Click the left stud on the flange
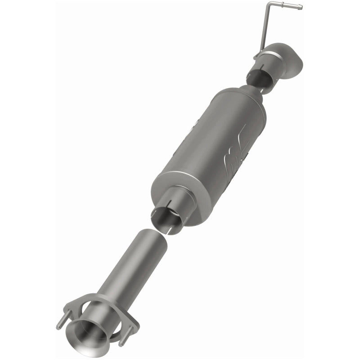click(59, 324)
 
